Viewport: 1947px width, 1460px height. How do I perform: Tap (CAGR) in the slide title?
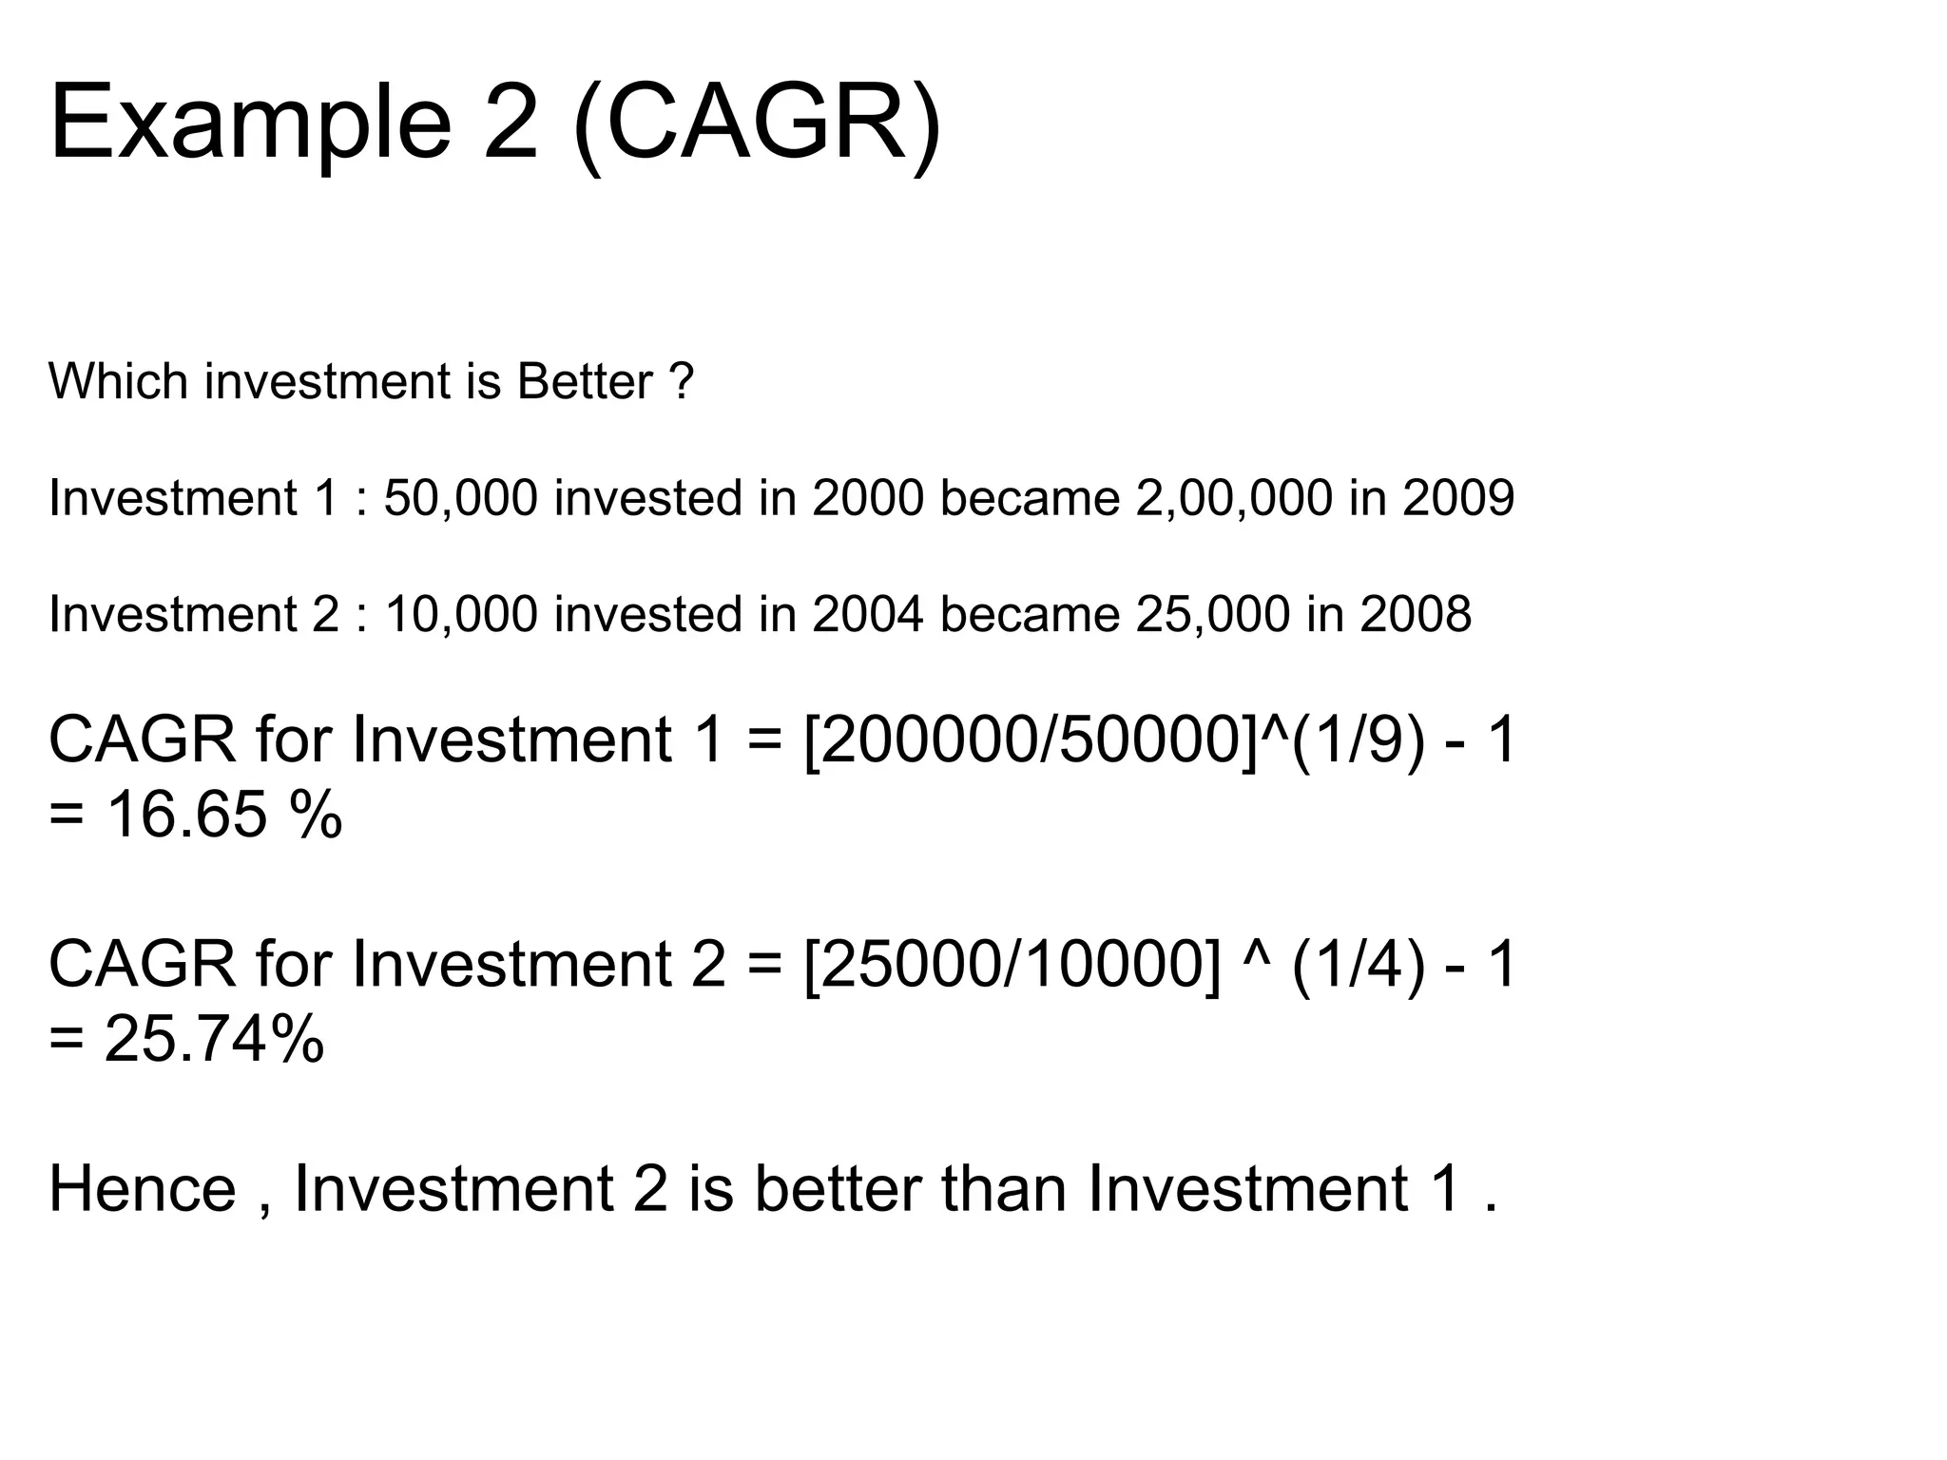[758, 124]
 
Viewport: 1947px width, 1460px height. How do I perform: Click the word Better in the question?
[584, 382]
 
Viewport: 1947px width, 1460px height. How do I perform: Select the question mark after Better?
[681, 382]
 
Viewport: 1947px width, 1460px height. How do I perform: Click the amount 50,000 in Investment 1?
[460, 498]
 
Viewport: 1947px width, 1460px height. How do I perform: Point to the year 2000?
[867, 498]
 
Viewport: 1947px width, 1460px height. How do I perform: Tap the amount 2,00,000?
[1233, 498]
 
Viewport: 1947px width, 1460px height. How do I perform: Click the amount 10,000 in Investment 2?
[460, 615]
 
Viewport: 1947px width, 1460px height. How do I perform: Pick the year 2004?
[867, 615]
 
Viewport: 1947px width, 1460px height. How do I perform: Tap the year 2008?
[1416, 615]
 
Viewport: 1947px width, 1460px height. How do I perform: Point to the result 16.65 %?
[222, 816]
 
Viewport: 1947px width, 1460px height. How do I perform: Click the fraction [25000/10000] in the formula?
[1012, 965]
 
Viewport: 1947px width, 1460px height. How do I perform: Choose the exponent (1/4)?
[1359, 965]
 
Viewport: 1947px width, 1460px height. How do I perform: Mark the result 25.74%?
[214, 1039]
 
